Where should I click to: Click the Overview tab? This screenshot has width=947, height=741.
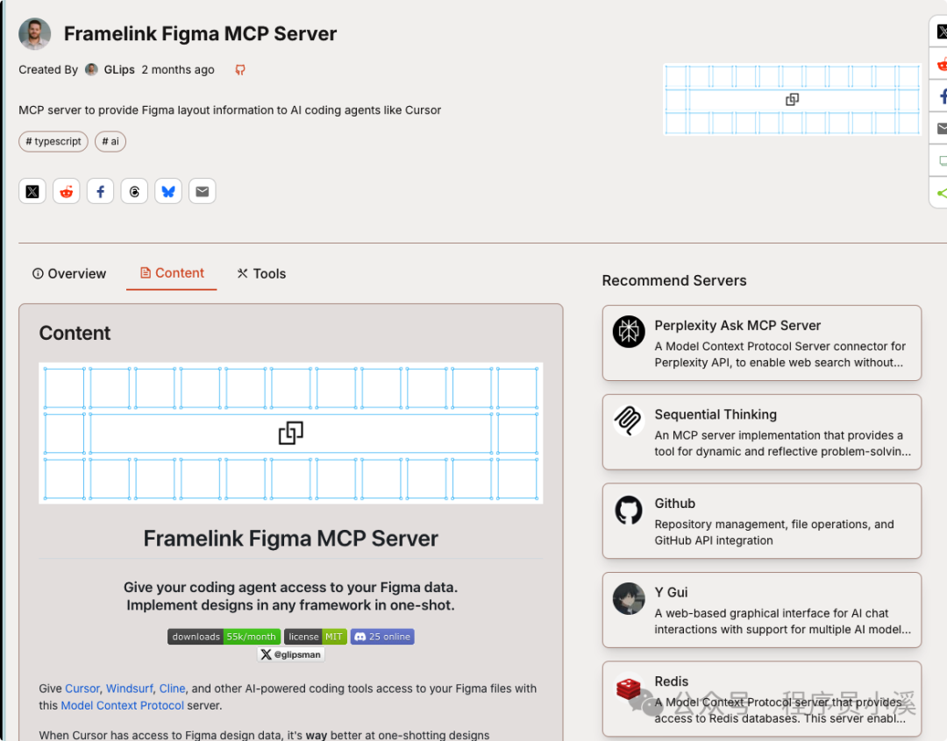[x=69, y=273]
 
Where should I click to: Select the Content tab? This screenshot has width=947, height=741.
[x=172, y=272]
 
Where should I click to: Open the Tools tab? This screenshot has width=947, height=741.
[x=261, y=273]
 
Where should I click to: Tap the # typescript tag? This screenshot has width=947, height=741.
[x=53, y=141]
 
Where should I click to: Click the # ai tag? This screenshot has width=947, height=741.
[x=110, y=141]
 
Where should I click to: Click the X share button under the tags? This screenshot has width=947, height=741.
[x=32, y=191]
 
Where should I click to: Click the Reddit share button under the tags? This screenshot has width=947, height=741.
[x=67, y=191]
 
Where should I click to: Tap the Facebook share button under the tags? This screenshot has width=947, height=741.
[x=100, y=191]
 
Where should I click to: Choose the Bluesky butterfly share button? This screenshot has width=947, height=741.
[x=168, y=191]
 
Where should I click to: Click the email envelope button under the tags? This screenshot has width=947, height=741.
[x=202, y=191]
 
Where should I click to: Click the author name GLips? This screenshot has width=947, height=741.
[x=119, y=69]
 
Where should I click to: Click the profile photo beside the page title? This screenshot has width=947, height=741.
[x=35, y=33]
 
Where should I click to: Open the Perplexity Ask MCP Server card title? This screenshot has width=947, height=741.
[x=737, y=325]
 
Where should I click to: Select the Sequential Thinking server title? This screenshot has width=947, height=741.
[x=716, y=414]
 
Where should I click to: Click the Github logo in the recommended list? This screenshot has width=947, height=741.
[x=629, y=510]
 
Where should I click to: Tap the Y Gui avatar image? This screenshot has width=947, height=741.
[x=629, y=599]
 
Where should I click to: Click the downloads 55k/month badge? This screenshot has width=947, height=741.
[x=224, y=637]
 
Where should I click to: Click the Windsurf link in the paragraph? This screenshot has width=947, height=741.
[x=129, y=688]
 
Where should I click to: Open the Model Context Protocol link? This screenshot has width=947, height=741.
[x=123, y=705]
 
